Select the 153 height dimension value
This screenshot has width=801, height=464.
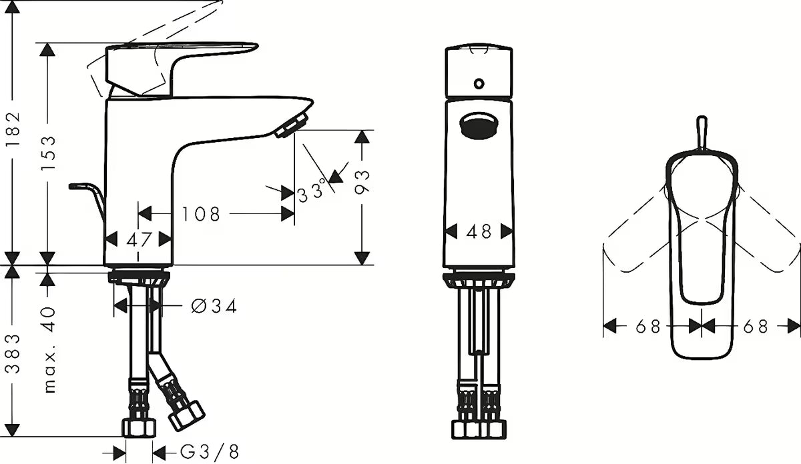48,153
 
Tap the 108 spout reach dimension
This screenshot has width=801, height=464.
201,214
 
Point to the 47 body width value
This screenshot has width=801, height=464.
138,239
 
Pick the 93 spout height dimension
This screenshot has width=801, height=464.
362,182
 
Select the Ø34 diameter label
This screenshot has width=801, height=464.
214,306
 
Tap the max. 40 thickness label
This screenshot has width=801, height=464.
49,350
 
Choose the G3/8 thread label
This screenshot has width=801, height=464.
210,452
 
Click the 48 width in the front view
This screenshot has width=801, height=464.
479,231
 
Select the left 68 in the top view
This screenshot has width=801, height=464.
647,327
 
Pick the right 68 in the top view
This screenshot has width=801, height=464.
756,327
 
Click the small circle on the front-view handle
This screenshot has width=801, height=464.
479,84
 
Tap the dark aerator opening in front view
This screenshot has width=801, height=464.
479,125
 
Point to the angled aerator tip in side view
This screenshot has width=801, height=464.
292,125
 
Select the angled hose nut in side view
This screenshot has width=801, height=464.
186,416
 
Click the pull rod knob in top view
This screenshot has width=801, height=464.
702,132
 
